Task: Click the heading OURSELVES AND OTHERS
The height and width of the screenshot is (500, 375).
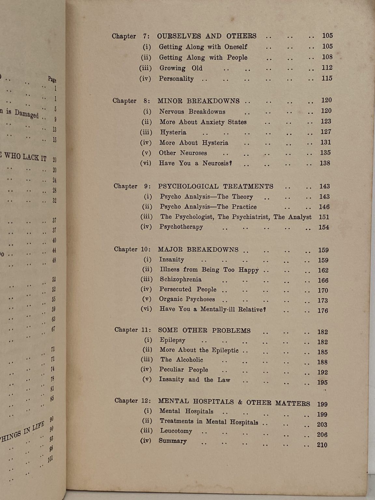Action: pyautogui.click(x=207, y=36)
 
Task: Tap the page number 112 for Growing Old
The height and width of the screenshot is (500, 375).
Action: pyautogui.click(x=327, y=68)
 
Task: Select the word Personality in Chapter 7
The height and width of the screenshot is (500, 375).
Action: pyautogui.click(x=176, y=79)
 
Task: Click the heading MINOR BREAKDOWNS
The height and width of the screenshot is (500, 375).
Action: pyautogui.click(x=199, y=101)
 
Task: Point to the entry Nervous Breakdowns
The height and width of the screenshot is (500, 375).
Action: pyautogui.click(x=192, y=112)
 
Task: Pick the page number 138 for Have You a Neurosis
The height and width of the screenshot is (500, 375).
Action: pyautogui.click(x=325, y=163)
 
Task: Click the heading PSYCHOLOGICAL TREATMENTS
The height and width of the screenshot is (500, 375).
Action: pyautogui.click(x=215, y=187)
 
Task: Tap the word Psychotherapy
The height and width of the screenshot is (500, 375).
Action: pyautogui.click(x=181, y=227)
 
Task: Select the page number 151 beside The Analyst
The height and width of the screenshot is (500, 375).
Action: pyautogui.click(x=324, y=217)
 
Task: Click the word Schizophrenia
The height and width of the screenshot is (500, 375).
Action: pyautogui.click(x=180, y=279)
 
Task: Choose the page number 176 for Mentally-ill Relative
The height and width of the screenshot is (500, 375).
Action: pyautogui.click(x=323, y=311)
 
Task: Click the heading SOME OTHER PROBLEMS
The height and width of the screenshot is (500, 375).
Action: pyautogui.click(x=204, y=330)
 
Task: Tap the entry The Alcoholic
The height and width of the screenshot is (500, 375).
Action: pyautogui.click(x=182, y=360)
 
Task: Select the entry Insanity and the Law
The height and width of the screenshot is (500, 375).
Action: pyautogui.click(x=195, y=380)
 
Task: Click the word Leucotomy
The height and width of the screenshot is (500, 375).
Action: pyautogui.click(x=176, y=431)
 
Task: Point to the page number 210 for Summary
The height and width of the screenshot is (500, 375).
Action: pyautogui.click(x=322, y=445)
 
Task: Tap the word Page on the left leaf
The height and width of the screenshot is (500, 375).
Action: pyautogui.click(x=52, y=79)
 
